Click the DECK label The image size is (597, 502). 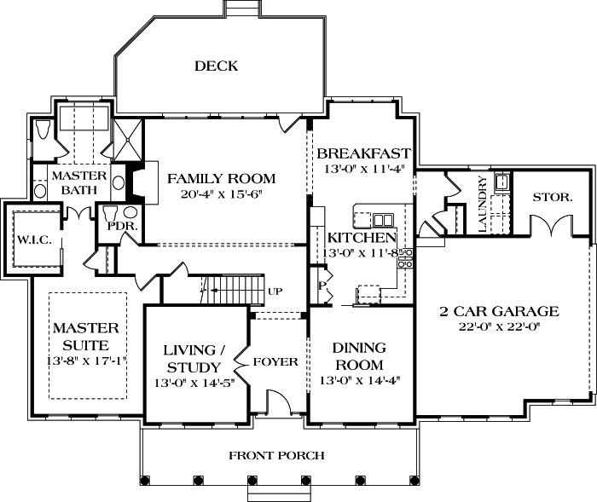[216, 66]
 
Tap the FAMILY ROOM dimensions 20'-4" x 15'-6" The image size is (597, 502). [221, 195]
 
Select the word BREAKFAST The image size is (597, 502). [363, 154]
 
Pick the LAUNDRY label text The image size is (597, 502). [483, 205]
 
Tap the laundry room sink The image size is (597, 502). [502, 181]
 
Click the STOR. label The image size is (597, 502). [553, 197]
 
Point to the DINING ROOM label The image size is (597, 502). [359, 356]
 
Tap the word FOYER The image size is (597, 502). [275, 362]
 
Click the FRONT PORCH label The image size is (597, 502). [276, 456]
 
